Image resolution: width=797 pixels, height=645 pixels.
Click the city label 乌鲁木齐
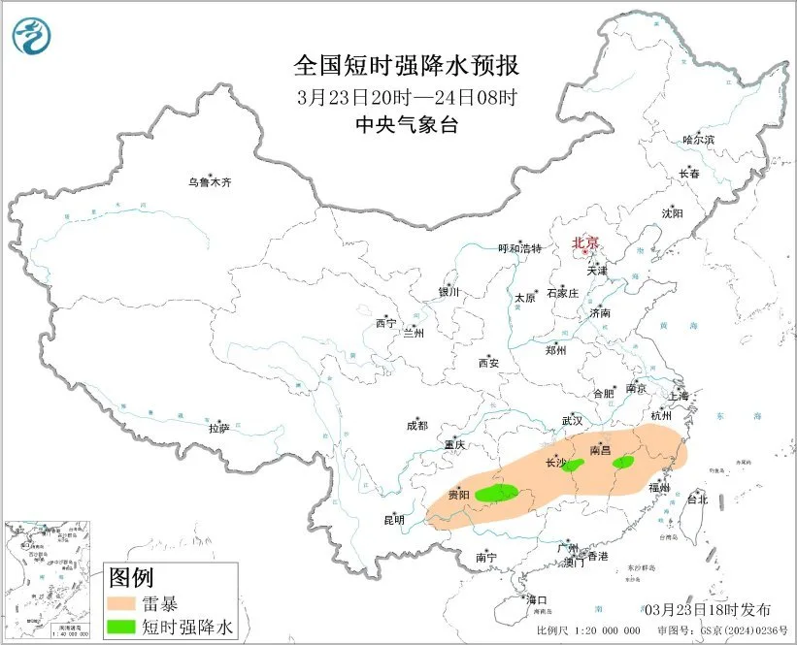[x=211, y=181]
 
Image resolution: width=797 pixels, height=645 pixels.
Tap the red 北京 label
[x=584, y=243]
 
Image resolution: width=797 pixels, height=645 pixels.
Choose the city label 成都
[x=416, y=425]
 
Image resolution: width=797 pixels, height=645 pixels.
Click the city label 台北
[x=698, y=500]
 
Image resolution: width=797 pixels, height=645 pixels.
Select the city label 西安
[x=487, y=363]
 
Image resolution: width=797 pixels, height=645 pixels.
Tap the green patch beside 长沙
[x=575, y=466]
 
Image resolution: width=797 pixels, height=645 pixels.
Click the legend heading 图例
[x=131, y=578]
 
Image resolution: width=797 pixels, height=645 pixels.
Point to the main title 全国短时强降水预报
[x=407, y=67]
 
